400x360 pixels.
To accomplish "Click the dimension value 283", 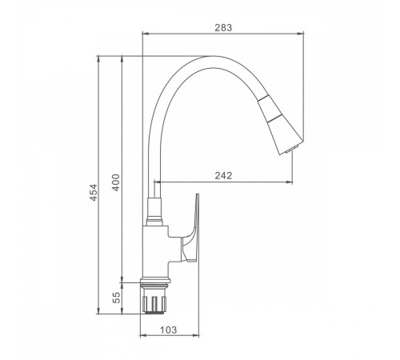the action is pyautogui.click(x=223, y=27).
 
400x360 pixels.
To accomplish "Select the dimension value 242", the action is pyautogui.click(x=223, y=175).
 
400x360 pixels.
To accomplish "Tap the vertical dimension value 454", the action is pyautogui.click(x=94, y=193).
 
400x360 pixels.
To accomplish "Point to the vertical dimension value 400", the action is pyautogui.click(x=116, y=182).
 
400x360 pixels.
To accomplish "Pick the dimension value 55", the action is pyautogui.click(x=117, y=298).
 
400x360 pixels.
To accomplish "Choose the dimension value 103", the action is pyautogui.click(x=169, y=330).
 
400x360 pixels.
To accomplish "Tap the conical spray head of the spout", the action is pyautogui.click(x=281, y=124).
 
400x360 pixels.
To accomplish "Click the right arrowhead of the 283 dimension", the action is pyautogui.click(x=301, y=34).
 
